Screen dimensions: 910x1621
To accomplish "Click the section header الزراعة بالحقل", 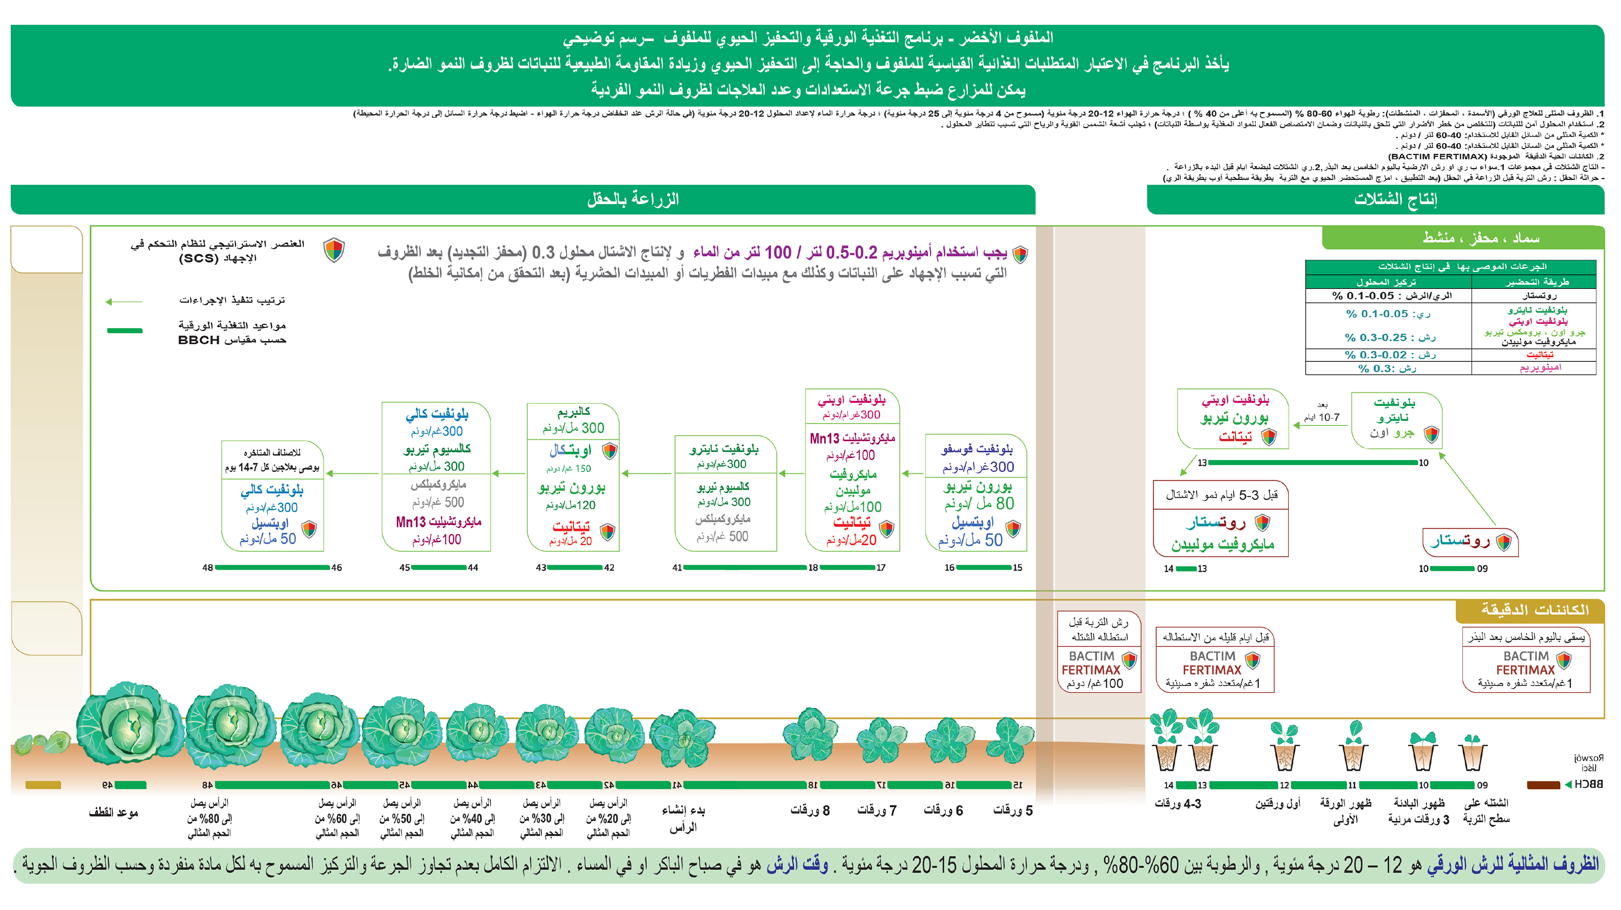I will pos(632,199).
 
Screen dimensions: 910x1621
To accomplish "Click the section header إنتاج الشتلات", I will pos(1395,199).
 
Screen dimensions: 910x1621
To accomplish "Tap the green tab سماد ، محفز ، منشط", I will pos(1480,239).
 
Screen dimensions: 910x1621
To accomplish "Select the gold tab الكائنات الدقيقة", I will pos(1534,610).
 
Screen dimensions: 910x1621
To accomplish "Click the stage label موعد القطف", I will pos(113,812).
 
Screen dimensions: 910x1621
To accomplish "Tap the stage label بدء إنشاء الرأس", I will pos(684,818).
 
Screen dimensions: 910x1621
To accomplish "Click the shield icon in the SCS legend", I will pos(334,250).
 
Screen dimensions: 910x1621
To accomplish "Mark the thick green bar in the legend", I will pos(124,330).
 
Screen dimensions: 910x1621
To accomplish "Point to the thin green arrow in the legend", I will pos(124,302).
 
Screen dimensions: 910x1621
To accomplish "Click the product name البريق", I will pos(573,411).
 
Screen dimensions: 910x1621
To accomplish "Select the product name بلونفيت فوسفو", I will pos(977,449).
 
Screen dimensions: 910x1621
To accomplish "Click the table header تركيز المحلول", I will pos(1386,282).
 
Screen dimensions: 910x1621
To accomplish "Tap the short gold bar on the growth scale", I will pos(43,785).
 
